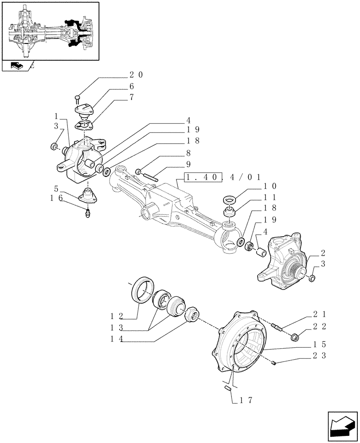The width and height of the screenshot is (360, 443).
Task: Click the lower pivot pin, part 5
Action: pyautogui.click(x=88, y=195)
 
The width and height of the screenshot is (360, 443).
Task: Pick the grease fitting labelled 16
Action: pyautogui.click(x=88, y=215)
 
